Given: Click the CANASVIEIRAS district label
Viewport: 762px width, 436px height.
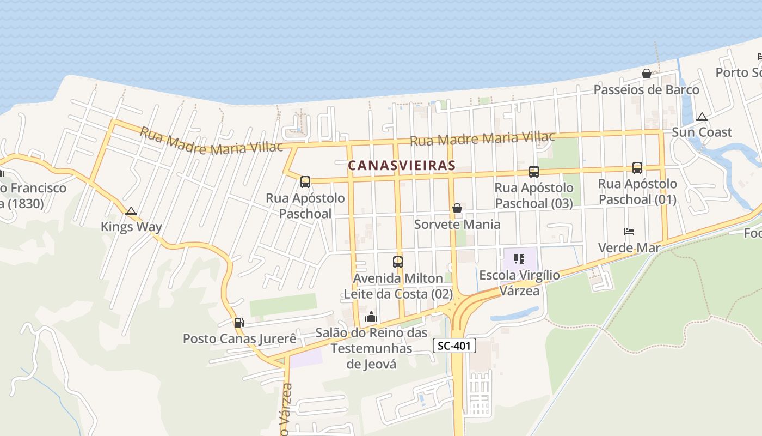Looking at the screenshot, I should pyautogui.click(x=401, y=165).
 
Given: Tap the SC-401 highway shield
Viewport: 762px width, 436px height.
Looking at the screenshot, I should pyautogui.click(x=454, y=346).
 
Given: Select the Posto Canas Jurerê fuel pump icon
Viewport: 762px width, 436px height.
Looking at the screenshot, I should pyautogui.click(x=239, y=323).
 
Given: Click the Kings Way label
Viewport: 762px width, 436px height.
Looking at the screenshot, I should pyautogui.click(x=131, y=227).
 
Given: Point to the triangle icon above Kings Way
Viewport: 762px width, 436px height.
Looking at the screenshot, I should pyautogui.click(x=131, y=211).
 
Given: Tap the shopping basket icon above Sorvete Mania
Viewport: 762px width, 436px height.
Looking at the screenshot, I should pyautogui.click(x=457, y=208).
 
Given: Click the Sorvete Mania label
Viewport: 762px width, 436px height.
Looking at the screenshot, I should pyautogui.click(x=457, y=224).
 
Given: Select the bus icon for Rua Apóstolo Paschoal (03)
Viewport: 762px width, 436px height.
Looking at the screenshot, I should pyautogui.click(x=534, y=172).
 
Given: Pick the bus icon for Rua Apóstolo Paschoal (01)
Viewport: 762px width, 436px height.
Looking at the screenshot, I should pyautogui.click(x=637, y=168).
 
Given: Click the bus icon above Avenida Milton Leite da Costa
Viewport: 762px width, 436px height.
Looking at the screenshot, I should pyautogui.click(x=398, y=262).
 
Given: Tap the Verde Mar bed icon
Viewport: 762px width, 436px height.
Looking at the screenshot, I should pyautogui.click(x=629, y=232).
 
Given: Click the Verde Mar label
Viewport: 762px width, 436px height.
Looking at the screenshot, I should pyautogui.click(x=629, y=248).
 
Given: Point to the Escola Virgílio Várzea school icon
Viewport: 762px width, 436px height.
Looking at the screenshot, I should pyautogui.click(x=519, y=259).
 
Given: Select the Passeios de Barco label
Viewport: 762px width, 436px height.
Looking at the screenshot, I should pyautogui.click(x=646, y=89).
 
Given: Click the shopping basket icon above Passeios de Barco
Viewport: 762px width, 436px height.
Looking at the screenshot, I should pyautogui.click(x=647, y=74).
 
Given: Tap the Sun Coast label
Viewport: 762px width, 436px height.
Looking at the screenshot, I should pyautogui.click(x=702, y=132).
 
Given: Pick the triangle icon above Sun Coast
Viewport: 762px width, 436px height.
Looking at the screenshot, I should pyautogui.click(x=702, y=117).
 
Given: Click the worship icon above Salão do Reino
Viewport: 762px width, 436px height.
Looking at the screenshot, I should pyautogui.click(x=371, y=317).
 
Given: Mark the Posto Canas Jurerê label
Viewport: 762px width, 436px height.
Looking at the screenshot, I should pyautogui.click(x=239, y=338).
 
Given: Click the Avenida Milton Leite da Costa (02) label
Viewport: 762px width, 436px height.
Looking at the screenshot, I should pyautogui.click(x=398, y=286).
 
